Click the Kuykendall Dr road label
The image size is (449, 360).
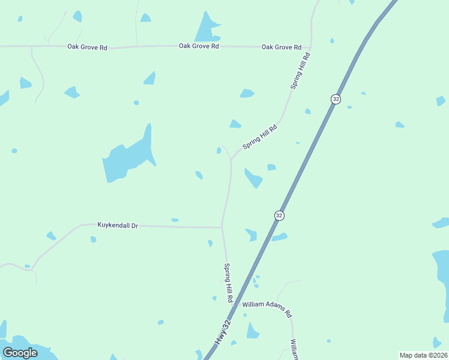[118, 225]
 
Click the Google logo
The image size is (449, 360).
[20, 353]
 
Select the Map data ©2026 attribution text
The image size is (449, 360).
[423, 355]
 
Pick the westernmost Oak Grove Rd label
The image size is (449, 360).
[87, 47]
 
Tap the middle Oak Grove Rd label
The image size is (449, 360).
[198, 46]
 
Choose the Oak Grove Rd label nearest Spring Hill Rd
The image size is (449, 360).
[281, 47]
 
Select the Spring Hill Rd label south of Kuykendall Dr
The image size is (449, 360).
[229, 283]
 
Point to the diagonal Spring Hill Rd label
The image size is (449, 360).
[260, 136]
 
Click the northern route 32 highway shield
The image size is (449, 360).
[336, 99]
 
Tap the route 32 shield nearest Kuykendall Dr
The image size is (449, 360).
[279, 215]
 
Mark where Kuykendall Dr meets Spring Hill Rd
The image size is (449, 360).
[222, 227]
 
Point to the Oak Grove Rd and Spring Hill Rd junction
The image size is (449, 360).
[310, 46]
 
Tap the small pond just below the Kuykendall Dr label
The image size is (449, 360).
[93, 239]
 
